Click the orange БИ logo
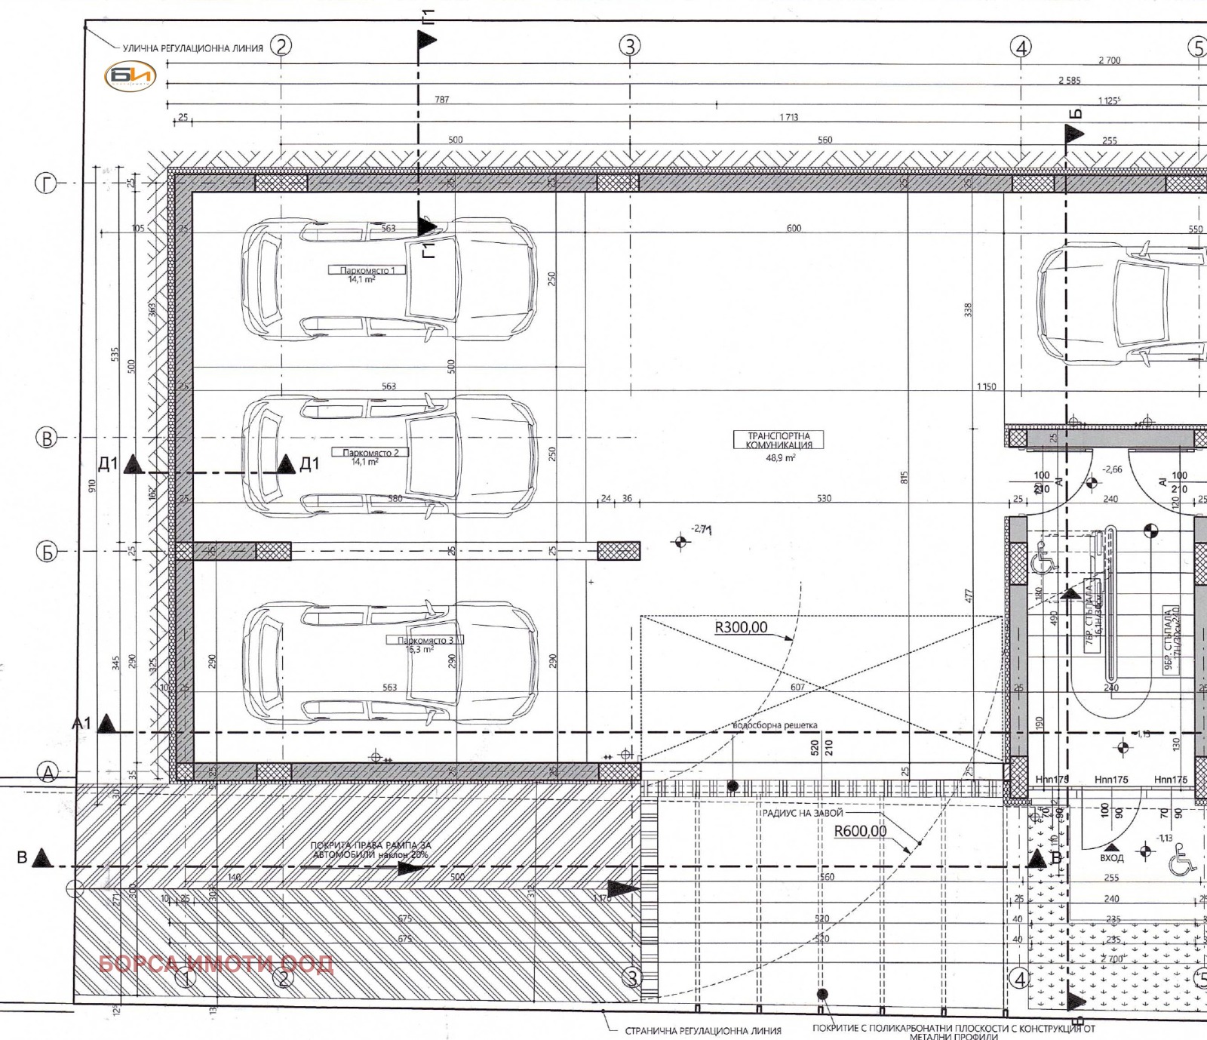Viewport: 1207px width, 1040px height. (131, 76)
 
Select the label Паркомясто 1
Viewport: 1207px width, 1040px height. (367, 270)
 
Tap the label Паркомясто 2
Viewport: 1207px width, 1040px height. (370, 453)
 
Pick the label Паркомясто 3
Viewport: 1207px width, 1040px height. (425, 640)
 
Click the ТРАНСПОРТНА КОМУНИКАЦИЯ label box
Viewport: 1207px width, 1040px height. (779, 441)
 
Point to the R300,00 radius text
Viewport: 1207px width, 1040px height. (741, 628)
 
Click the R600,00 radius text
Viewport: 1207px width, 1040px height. (860, 832)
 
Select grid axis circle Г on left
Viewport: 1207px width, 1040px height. (46, 183)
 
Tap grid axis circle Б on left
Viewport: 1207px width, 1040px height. (46, 552)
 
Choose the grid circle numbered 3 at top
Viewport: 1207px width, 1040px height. (630, 46)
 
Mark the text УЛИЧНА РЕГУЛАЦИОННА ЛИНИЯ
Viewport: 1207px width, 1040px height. (193, 48)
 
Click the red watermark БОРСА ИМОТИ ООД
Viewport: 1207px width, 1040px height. (216, 965)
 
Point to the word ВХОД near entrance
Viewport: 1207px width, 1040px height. (1111, 858)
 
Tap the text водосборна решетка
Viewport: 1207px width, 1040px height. (775, 725)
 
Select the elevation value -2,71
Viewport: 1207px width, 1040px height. (701, 530)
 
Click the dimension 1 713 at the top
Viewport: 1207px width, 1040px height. (789, 117)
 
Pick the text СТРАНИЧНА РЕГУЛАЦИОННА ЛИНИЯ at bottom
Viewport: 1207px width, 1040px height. (702, 1030)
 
